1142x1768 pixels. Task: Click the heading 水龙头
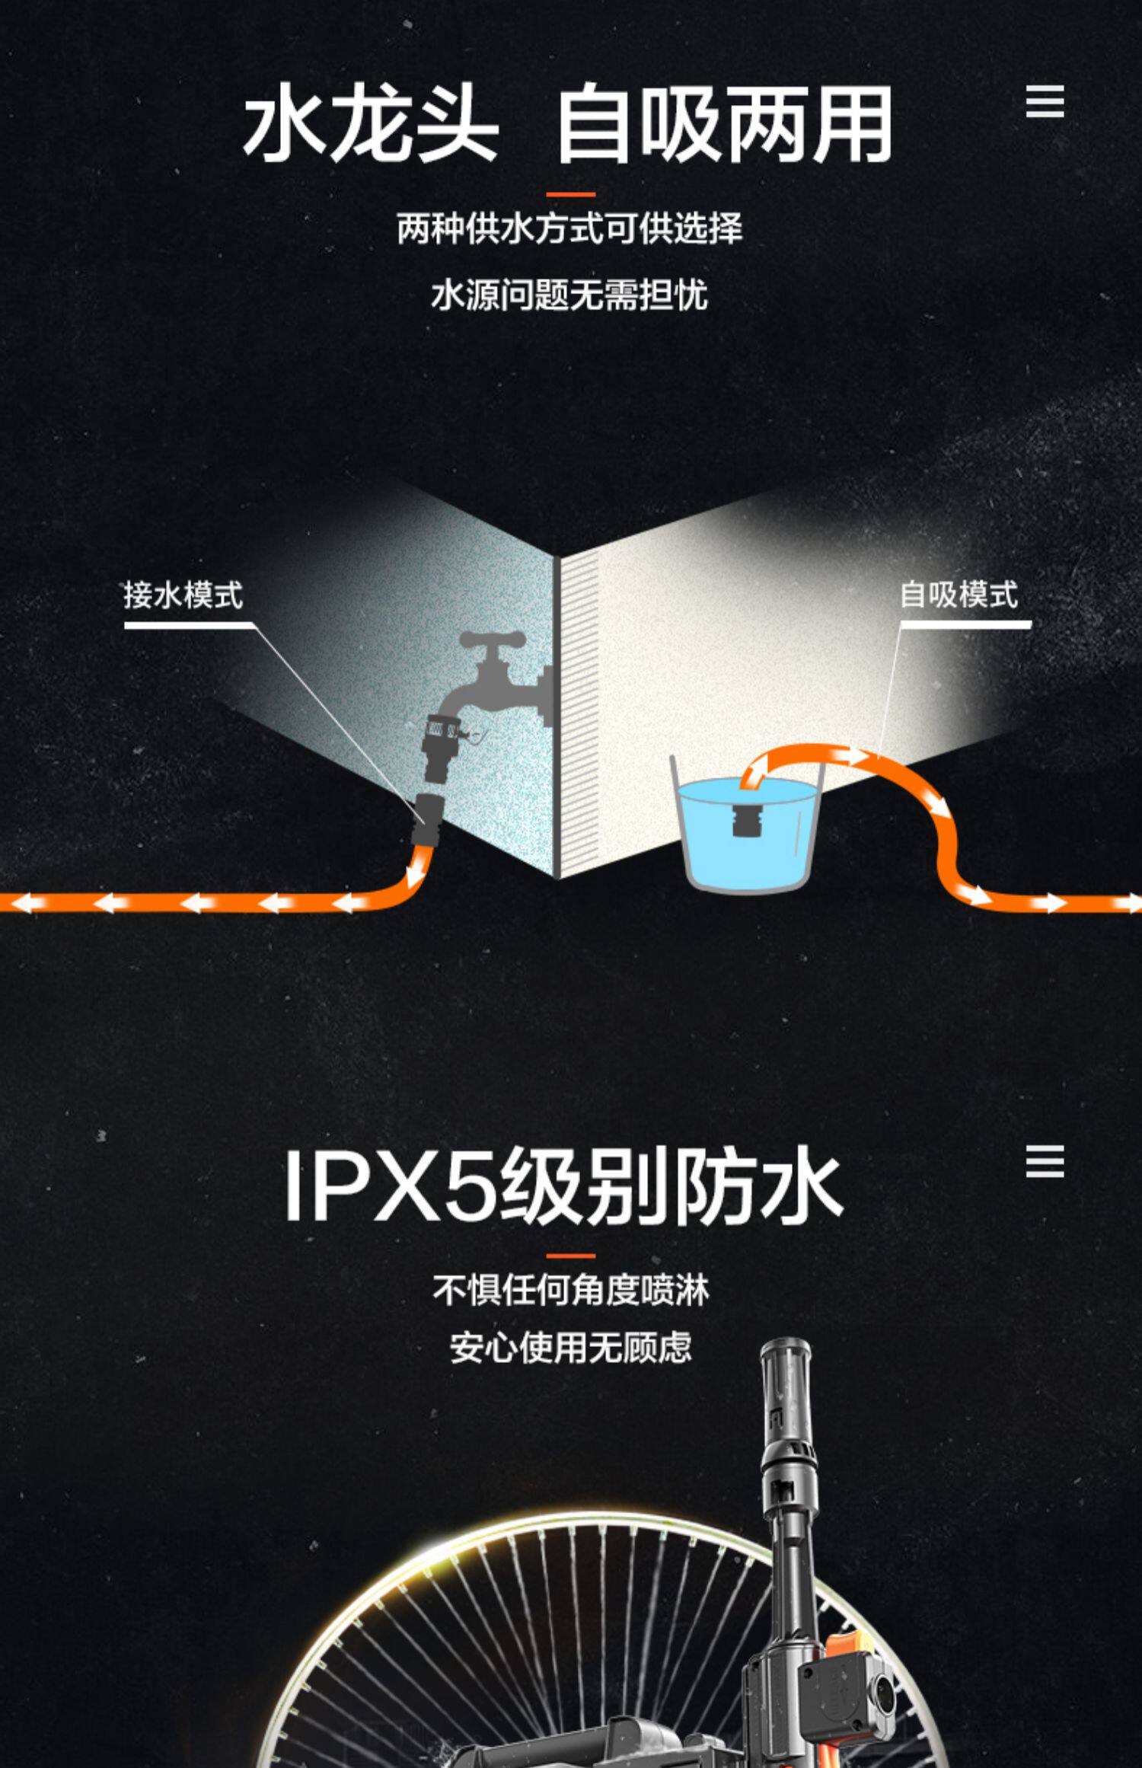tap(371, 123)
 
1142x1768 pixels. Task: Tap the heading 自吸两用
tap(723, 123)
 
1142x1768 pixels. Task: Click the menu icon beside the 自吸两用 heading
tap(1045, 102)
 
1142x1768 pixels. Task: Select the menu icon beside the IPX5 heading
tap(1045, 1162)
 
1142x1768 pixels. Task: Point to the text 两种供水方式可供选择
tap(569, 228)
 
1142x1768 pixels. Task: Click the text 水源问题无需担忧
tap(569, 295)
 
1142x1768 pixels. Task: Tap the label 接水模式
tap(183, 595)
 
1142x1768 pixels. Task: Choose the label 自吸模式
tap(959, 595)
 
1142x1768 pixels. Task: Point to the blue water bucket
tap(746, 838)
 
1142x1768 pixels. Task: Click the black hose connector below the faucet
tap(428, 819)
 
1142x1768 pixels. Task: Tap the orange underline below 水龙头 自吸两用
tap(570, 194)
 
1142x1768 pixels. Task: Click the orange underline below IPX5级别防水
tap(570, 1256)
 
